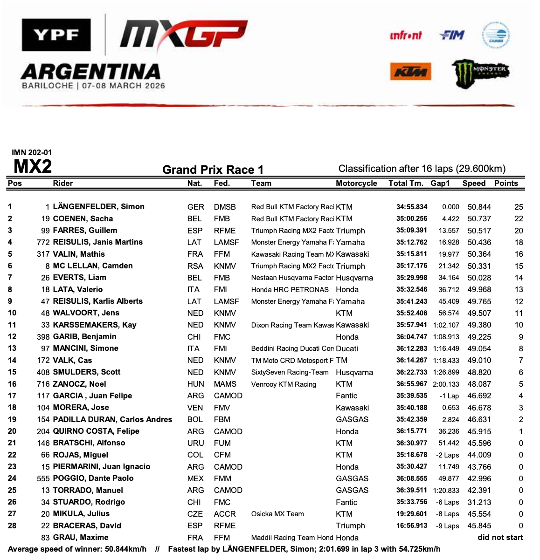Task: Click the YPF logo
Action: [55, 35]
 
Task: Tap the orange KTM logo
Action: [410, 72]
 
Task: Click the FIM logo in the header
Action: [451, 34]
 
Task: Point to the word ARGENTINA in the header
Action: [91, 71]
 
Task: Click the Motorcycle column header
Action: [356, 183]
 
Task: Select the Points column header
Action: [506, 183]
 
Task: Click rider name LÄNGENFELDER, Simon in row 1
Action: [98, 206]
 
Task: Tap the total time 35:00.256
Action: [412, 219]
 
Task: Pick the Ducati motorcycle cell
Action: [347, 348]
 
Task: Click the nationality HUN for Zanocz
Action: [195, 384]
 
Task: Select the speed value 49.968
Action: [479, 289]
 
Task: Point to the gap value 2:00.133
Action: [446, 384]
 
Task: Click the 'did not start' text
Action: [500, 537]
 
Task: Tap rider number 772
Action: [43, 242]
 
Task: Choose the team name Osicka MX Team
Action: [277, 514]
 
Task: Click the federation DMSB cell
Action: [225, 207]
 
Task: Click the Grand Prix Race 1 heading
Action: [213, 170]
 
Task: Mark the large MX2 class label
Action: [33, 166]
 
